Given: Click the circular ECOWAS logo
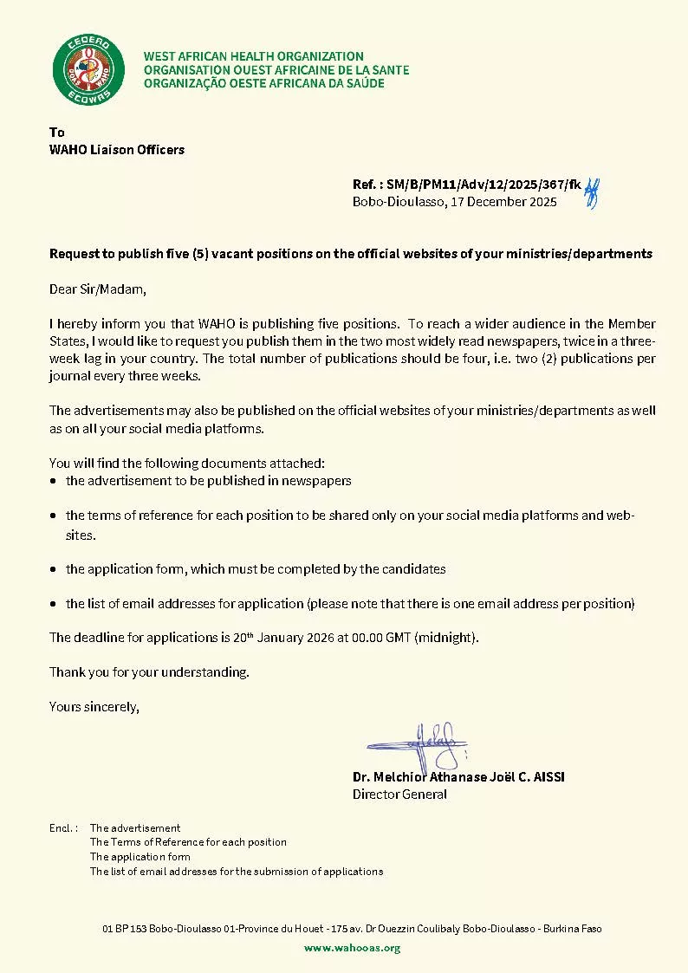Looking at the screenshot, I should (x=83, y=69).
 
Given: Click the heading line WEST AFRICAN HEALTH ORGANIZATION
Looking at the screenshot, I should (x=253, y=56).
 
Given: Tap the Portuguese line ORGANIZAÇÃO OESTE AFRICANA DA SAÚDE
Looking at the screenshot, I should (x=263, y=83).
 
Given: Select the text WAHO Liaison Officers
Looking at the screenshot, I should (x=117, y=150).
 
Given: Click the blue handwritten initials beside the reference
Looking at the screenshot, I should (x=593, y=191).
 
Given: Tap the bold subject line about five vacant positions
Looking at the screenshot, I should (x=350, y=254).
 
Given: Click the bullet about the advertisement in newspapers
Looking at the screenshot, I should (x=208, y=481).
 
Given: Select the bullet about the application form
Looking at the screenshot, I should (x=256, y=569).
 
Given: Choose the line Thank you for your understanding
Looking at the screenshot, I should (x=149, y=671).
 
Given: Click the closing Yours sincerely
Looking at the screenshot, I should (x=94, y=707).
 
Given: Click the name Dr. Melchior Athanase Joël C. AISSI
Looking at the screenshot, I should (x=458, y=776).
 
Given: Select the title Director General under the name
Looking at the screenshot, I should (x=399, y=794).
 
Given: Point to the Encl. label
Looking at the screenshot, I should (x=63, y=828).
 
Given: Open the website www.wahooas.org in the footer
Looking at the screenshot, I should (x=352, y=948).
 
